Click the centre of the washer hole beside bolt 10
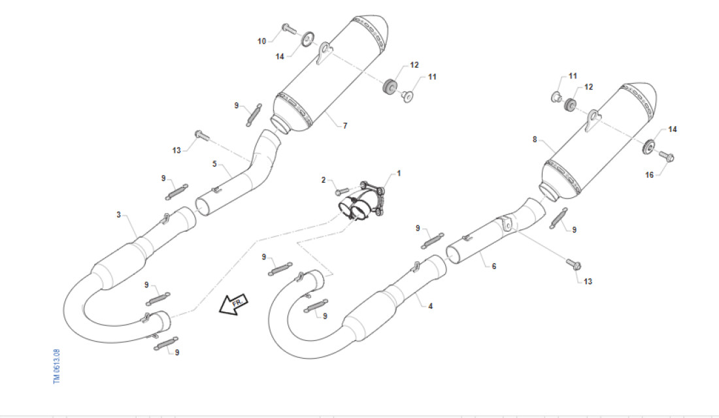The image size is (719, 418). [308, 39]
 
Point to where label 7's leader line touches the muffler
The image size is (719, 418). [326, 112]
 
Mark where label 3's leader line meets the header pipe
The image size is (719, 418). [137, 238]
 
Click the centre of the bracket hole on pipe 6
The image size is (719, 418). [507, 225]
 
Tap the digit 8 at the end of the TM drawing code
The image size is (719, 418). [57, 351]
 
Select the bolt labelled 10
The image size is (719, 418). [289, 28]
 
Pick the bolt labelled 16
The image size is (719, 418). [667, 156]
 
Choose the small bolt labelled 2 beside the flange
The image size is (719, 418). [343, 191]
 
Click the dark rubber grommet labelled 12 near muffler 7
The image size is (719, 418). [390, 87]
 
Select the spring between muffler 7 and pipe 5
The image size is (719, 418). [254, 114]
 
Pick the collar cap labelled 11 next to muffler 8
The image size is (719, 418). [556, 97]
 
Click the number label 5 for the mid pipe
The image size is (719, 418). [214, 164]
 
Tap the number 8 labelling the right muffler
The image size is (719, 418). [535, 139]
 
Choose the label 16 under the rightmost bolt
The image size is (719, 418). [649, 174]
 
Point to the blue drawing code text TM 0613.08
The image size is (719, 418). [57, 366]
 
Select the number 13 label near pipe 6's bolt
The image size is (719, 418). [588, 281]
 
